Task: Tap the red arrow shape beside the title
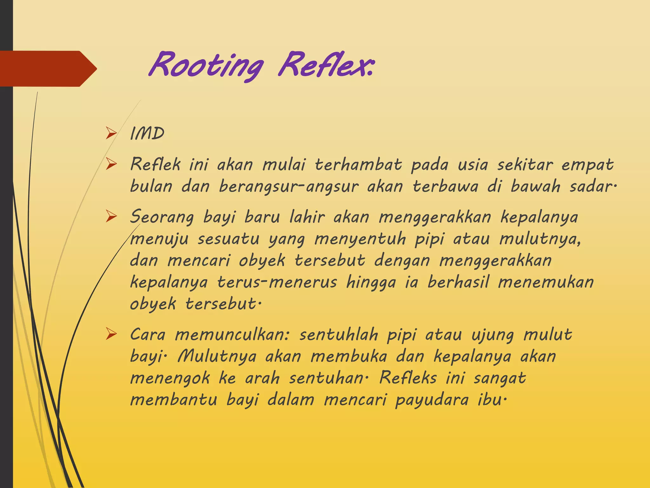[x=48, y=69]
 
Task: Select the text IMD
[x=147, y=133]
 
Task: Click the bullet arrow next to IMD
[x=111, y=133]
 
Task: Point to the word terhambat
[x=358, y=165]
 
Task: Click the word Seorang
[x=162, y=218]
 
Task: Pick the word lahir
[x=307, y=217]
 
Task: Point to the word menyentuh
[x=360, y=239]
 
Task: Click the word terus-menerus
[x=277, y=282]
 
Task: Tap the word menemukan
[x=546, y=282]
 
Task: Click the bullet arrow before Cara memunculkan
[x=111, y=334]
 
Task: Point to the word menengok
[x=170, y=378]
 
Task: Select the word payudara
[x=432, y=400]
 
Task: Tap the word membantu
[x=174, y=400]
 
